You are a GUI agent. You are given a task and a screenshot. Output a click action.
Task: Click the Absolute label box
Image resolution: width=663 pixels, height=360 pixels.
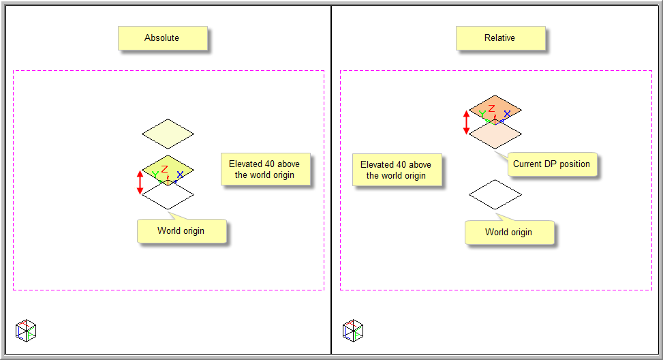(162, 38)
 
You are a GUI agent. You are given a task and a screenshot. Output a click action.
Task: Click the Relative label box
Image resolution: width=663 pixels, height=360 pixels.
(500, 38)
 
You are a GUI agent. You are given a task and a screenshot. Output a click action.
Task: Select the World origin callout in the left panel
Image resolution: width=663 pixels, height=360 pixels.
(181, 231)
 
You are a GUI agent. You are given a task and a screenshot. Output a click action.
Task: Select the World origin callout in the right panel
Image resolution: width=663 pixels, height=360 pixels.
(508, 232)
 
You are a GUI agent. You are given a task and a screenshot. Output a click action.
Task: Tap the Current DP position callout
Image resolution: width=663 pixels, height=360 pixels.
(551, 164)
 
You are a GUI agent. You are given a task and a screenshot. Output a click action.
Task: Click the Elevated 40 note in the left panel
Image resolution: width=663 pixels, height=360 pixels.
(265, 169)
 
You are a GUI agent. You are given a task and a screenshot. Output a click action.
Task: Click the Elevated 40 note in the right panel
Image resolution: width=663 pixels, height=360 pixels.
(396, 170)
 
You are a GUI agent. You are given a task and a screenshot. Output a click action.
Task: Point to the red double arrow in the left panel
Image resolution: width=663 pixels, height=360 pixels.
(140, 182)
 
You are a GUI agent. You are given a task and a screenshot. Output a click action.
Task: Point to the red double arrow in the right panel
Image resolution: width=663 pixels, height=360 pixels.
(467, 122)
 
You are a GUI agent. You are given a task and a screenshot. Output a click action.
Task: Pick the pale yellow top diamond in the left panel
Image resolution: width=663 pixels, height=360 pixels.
(168, 134)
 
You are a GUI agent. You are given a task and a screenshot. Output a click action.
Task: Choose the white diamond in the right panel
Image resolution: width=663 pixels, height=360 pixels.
(495, 195)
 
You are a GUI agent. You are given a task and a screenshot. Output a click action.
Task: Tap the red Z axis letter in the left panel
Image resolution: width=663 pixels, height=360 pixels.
(164, 170)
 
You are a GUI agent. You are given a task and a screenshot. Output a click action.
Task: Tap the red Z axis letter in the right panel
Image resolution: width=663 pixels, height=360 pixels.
(491, 108)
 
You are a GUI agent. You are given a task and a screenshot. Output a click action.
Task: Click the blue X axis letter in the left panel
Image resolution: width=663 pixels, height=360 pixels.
(180, 175)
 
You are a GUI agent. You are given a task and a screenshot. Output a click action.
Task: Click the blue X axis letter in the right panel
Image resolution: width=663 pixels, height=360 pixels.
(507, 114)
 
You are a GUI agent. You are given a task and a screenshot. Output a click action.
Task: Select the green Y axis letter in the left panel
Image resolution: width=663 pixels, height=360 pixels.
(155, 175)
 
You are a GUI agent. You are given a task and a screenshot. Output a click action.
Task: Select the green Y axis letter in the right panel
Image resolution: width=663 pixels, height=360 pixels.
(482, 114)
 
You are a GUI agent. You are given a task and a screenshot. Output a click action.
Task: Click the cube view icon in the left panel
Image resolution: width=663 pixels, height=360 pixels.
(26, 331)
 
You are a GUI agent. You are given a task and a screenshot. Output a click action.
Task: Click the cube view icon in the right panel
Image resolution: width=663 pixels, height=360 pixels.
(353, 331)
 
